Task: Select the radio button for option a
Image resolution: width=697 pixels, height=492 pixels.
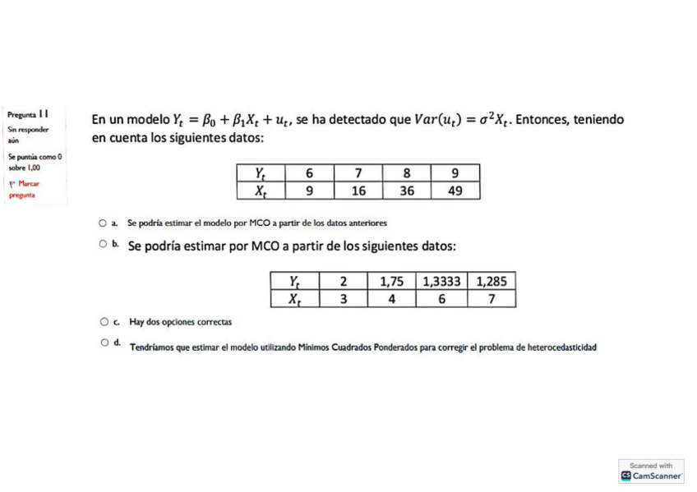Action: pyautogui.click(x=102, y=223)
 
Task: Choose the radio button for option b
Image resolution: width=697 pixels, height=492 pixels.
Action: pyautogui.click(x=103, y=244)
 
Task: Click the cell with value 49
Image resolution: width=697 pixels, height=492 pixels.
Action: pyautogui.click(x=455, y=191)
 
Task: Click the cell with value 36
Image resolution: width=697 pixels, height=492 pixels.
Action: pyautogui.click(x=407, y=191)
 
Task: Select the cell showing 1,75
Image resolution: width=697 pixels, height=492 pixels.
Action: pyautogui.click(x=392, y=282)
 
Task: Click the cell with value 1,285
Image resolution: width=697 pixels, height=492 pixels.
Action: pyautogui.click(x=491, y=282)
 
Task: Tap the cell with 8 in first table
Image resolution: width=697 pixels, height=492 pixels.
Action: pyautogui.click(x=407, y=173)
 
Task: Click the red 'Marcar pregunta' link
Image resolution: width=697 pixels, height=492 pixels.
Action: pyautogui.click(x=25, y=189)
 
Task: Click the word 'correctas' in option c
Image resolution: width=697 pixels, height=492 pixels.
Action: pyautogui.click(x=216, y=322)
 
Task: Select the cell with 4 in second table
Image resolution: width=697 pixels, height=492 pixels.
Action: pyautogui.click(x=392, y=299)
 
